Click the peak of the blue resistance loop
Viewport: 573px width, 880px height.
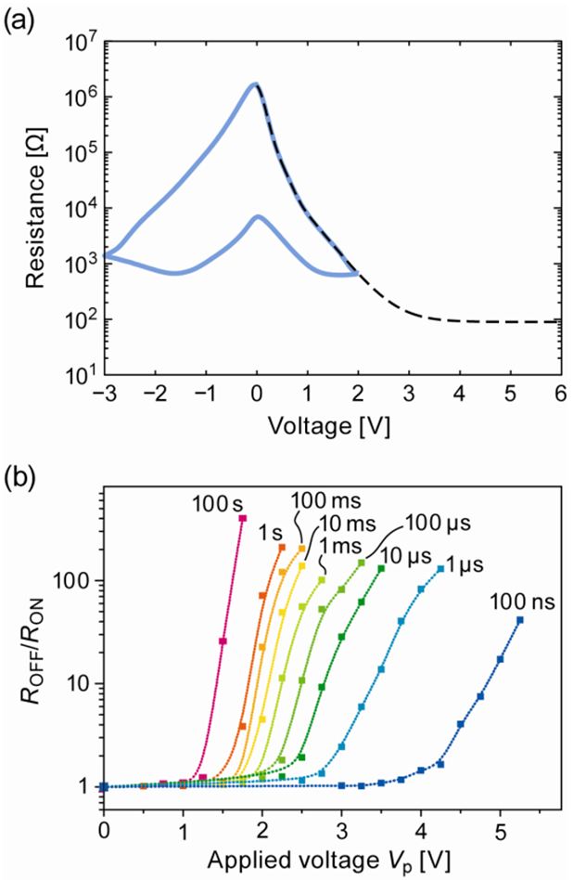click(255, 84)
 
